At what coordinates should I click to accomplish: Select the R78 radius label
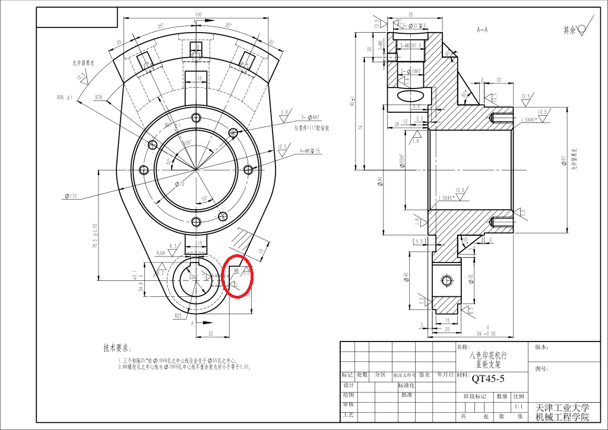pos(99,96)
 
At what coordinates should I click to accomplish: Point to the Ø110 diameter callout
pos(69,195)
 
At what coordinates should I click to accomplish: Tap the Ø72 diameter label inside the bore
pos(180,185)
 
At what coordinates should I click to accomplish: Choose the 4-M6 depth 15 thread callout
pos(309,151)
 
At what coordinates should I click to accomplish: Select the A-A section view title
pos(482,29)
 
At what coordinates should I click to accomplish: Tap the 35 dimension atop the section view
pos(410,14)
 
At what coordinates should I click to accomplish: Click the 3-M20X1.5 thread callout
pos(410,45)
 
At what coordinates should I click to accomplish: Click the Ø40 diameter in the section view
pos(407,277)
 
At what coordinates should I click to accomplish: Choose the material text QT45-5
pos(487,377)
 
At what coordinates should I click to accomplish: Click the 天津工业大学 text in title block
pos(562,407)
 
